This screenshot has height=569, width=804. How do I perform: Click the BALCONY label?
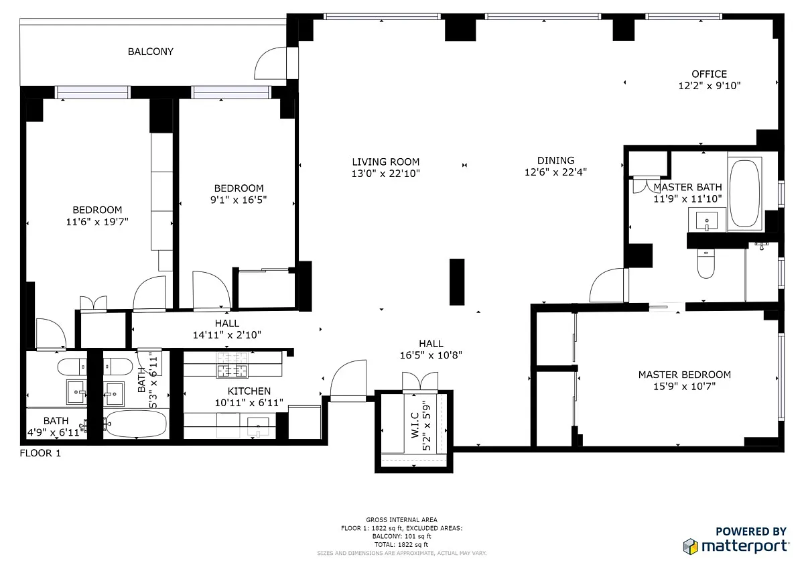(x=150, y=52)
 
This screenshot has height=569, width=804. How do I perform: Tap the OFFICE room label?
(x=710, y=74)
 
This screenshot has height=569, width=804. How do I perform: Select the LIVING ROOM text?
(x=385, y=162)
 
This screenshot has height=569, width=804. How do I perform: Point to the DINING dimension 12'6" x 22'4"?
(x=555, y=172)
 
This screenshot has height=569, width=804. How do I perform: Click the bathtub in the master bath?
(x=745, y=194)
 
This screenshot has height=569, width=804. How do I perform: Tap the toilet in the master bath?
(x=706, y=264)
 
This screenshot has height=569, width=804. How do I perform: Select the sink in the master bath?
(x=707, y=220)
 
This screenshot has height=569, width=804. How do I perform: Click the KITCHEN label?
(x=249, y=391)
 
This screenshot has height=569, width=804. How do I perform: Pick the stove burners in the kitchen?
(x=232, y=365)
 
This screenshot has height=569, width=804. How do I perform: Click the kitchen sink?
(x=258, y=426)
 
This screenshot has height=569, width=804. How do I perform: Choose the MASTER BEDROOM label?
(x=685, y=375)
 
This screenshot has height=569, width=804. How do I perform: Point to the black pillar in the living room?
(x=457, y=281)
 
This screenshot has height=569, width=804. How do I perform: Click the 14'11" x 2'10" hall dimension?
(x=227, y=335)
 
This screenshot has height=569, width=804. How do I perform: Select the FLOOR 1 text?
(x=40, y=453)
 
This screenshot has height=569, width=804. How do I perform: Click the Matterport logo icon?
(x=691, y=547)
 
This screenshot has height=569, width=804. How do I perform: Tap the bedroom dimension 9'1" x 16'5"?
(x=239, y=200)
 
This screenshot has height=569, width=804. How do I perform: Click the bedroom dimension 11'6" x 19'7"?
(x=97, y=222)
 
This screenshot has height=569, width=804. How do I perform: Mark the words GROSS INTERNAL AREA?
(x=401, y=519)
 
